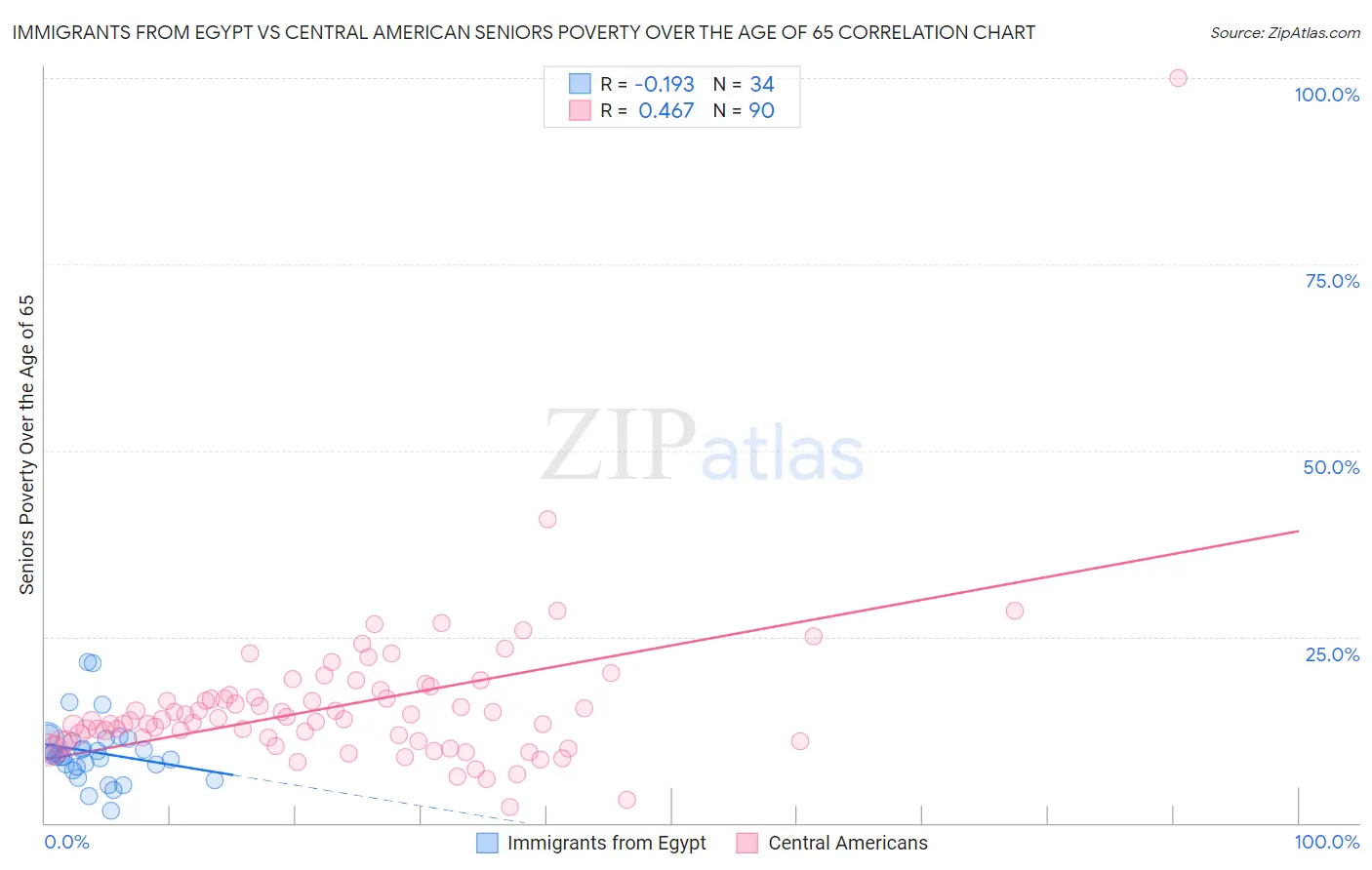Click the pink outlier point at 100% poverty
(x=1178, y=78)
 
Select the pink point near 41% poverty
(x=547, y=519)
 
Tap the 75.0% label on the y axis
(x=1332, y=281)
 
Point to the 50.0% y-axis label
(x=1331, y=467)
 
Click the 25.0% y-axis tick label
(x=1332, y=654)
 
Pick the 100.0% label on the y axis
(x=1326, y=95)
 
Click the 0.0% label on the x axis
(x=66, y=842)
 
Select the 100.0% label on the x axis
(x=1326, y=842)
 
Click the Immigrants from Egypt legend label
(x=606, y=843)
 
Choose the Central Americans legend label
(x=847, y=843)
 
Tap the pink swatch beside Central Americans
(x=747, y=843)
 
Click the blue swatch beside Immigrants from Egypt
(x=487, y=843)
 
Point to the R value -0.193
(x=664, y=84)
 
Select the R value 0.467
(x=666, y=110)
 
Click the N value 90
(x=761, y=110)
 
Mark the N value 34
(x=761, y=84)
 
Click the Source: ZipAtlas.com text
(x=1284, y=32)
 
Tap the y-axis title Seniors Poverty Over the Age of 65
(x=27, y=444)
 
